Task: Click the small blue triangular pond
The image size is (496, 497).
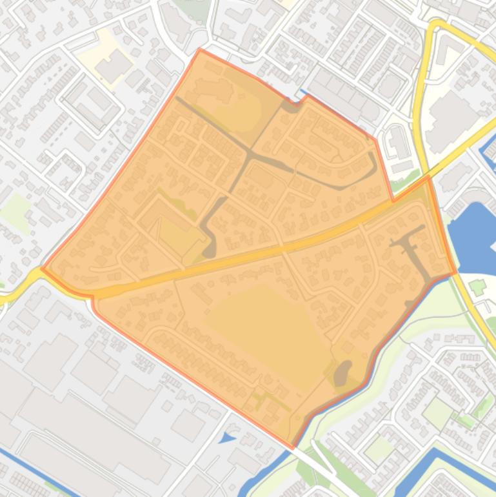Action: pyautogui.click(x=227, y=438)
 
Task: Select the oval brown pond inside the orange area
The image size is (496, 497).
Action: pyautogui.click(x=341, y=373)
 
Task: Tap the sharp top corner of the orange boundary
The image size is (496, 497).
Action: pyautogui.click(x=200, y=50)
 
